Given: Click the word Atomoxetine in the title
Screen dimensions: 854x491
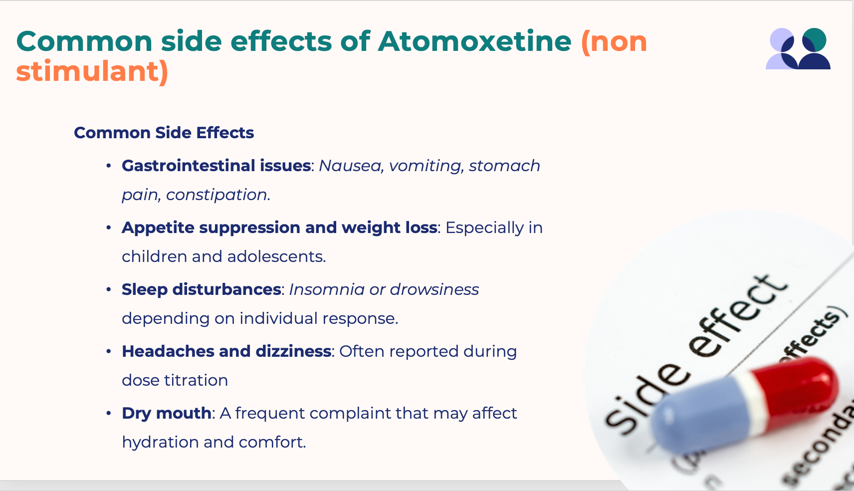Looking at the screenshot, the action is tap(475, 41).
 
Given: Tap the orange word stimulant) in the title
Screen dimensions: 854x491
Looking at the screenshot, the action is tap(92, 71).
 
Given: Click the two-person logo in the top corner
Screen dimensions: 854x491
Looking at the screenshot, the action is tap(798, 48).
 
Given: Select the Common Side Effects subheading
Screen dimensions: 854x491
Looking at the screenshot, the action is tap(164, 133).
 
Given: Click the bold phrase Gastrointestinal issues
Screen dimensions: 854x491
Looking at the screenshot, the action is tap(216, 166).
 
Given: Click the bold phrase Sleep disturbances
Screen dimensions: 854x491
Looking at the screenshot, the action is tap(202, 289).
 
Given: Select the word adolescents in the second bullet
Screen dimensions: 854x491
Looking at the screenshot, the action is tap(276, 256).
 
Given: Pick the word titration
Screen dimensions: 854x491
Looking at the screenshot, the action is tap(196, 380).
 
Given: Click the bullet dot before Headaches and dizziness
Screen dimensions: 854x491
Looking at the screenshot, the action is tap(109, 351).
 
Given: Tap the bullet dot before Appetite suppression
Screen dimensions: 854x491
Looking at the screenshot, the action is tap(109, 228).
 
